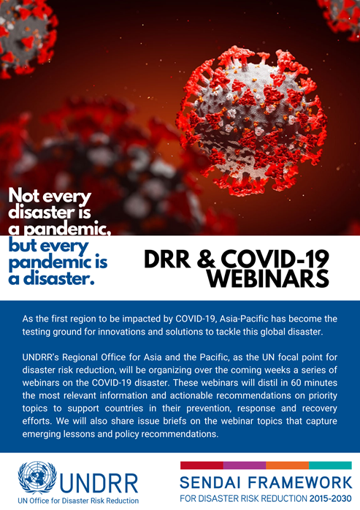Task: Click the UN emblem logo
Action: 37,477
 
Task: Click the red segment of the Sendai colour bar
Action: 202,465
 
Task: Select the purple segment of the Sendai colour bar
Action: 245,465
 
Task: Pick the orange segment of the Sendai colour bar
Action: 288,465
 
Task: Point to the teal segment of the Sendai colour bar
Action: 330,465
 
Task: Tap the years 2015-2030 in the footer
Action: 330,498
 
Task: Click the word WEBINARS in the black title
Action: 268,278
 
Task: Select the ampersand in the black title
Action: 205,259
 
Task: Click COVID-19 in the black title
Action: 275,259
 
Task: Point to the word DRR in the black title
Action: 167,259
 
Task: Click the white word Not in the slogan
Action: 24,196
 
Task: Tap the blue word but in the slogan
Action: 22,246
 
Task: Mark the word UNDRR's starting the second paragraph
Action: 41,357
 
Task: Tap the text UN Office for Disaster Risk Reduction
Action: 78,501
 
